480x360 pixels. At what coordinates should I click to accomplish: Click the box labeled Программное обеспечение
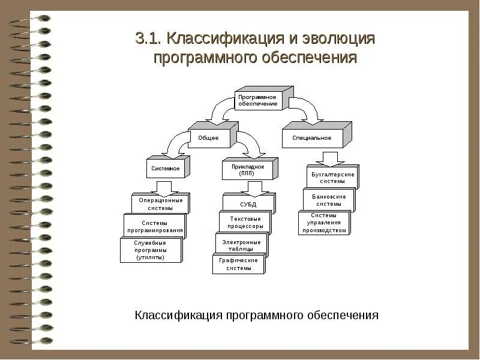click(258, 100)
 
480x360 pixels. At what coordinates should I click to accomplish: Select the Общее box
click(209, 138)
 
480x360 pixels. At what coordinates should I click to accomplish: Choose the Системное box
click(165, 169)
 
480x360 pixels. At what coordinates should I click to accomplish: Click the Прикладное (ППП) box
click(247, 170)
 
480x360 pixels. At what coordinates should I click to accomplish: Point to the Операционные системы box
click(158, 204)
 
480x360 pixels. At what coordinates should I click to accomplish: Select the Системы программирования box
click(154, 226)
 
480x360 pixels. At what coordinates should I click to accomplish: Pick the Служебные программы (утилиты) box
click(150, 250)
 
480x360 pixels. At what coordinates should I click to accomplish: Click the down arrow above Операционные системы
click(161, 186)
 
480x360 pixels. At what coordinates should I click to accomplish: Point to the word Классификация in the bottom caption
click(178, 315)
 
